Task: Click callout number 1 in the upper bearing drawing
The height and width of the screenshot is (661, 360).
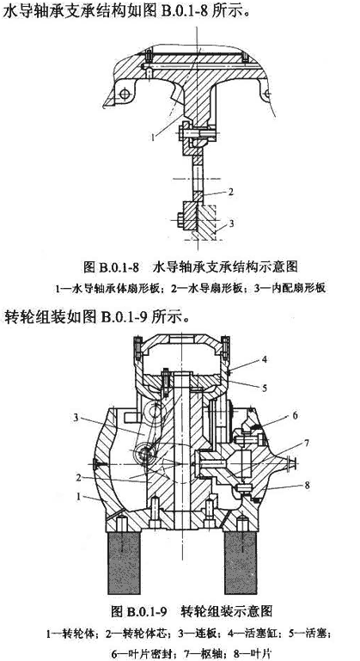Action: [x=155, y=136]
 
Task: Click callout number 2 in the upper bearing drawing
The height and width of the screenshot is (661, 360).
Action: [x=230, y=192]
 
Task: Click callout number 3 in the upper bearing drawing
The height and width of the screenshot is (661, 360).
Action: [x=231, y=223]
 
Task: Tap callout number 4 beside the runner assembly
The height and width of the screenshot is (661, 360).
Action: [x=265, y=360]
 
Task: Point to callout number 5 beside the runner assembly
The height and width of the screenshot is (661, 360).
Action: [x=265, y=388]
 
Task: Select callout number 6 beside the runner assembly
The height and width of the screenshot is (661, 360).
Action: [x=295, y=416]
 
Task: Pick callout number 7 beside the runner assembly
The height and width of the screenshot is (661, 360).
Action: [x=306, y=444]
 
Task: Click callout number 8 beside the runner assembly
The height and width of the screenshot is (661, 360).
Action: [x=307, y=486]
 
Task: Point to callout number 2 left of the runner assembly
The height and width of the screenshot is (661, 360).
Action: [x=78, y=478]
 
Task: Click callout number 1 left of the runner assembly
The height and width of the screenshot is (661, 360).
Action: [x=78, y=497]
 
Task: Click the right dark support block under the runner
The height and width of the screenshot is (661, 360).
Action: [x=241, y=563]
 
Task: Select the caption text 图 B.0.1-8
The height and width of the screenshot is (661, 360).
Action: [x=112, y=266]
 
